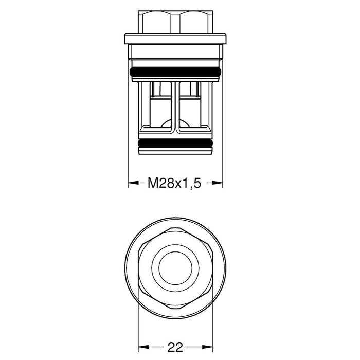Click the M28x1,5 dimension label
point(174,183)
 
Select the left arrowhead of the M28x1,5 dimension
point(132,183)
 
